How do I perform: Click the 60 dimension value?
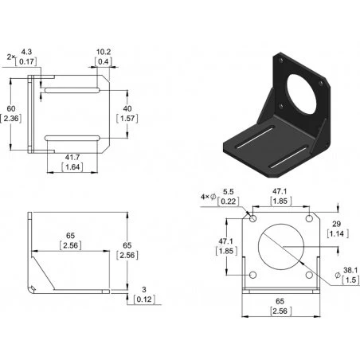tap(11, 108)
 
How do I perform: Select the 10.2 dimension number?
tap(104, 52)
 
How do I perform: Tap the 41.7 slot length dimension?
tap(72, 158)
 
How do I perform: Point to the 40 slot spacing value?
tap(127, 108)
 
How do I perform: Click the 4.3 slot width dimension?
tap(26, 52)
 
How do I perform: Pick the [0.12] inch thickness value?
tap(144, 299)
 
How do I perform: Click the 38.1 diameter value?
tap(350, 271)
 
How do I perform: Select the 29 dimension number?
tap(336, 224)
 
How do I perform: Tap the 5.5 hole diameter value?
tap(229, 192)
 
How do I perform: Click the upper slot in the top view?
tap(72, 91)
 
